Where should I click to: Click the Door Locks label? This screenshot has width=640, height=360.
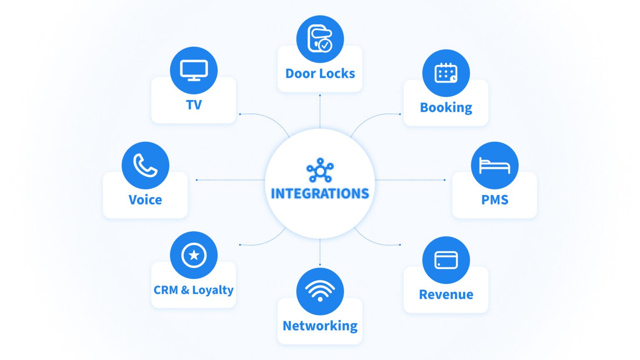(320, 74)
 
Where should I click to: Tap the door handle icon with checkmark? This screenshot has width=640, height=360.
(320, 39)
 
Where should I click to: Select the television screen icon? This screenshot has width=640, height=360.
(194, 70)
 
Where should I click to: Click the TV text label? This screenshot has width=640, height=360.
(194, 105)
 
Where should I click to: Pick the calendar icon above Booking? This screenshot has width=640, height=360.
(446, 73)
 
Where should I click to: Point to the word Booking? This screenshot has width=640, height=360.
(446, 107)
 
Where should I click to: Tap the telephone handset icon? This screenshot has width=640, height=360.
(145, 165)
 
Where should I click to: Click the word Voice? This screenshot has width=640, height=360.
(145, 200)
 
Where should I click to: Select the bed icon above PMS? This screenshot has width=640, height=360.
(495, 165)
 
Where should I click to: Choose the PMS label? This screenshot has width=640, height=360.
(495, 200)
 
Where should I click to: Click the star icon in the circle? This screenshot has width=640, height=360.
(194, 255)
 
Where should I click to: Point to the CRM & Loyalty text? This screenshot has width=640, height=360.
(193, 290)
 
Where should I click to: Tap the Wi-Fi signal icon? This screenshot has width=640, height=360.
(320, 290)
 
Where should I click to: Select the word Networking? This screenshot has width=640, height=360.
(320, 326)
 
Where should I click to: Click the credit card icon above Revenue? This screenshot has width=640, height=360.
(446, 260)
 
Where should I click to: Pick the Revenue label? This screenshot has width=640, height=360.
(446, 295)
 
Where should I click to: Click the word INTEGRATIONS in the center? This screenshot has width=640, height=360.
(320, 194)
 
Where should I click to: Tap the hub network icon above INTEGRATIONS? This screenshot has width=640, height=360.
(320, 170)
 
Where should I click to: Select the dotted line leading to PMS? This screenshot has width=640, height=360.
(410, 180)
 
